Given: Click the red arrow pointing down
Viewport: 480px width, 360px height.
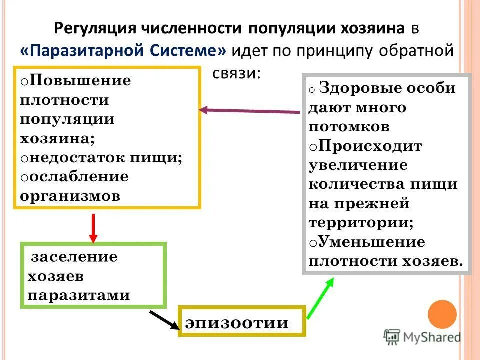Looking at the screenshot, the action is point(93,228).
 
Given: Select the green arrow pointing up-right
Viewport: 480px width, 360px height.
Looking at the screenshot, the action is point(320,298).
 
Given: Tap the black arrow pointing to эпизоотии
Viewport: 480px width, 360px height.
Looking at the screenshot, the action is point(164,320).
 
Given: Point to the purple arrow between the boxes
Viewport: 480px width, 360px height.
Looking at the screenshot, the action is point(250,111).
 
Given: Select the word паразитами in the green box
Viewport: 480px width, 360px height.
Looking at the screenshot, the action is point(79,295).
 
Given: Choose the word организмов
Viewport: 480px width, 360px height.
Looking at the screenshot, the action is point(70,195).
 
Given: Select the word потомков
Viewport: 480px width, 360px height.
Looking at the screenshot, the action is point(349,126).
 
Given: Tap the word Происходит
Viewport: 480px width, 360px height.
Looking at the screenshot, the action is point(369,146).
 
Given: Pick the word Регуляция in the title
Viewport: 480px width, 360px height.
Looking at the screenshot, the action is point(95,28).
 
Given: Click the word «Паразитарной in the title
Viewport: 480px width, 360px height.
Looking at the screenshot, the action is point(84,51).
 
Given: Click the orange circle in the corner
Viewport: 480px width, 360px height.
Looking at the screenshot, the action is point(442,314).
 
